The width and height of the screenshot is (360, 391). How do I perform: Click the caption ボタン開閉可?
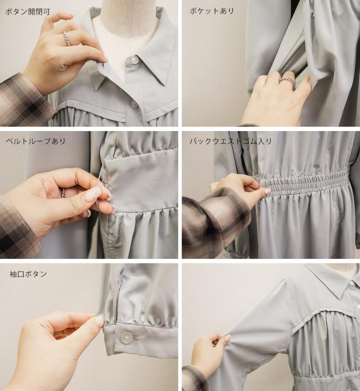(x=28, y=12)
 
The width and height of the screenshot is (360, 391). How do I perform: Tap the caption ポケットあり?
(x=212, y=11)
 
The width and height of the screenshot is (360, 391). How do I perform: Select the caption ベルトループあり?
(x=35, y=141)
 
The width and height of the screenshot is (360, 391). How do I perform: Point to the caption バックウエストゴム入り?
(x=231, y=141)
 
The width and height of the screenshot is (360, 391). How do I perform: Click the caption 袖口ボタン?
(x=28, y=274)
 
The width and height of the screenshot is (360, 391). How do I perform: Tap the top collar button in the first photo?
(x=133, y=60)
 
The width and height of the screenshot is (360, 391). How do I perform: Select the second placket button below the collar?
(x=133, y=104)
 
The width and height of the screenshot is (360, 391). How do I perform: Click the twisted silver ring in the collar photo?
(x=67, y=38)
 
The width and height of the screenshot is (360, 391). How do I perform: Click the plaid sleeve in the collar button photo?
(x=22, y=100)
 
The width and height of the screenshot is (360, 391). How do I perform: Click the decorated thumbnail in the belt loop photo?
(x=92, y=194)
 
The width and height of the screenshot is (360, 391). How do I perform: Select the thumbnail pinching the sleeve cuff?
(x=100, y=320)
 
